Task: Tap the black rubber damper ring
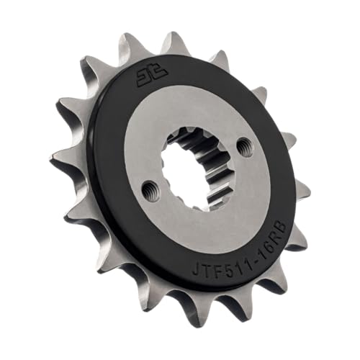(x=108, y=216)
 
